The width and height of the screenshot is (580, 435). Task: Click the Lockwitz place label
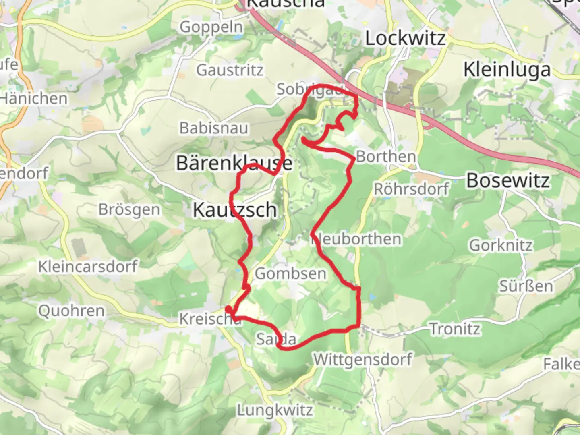coord(405,38)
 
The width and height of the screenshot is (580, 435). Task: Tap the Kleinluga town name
coord(507,70)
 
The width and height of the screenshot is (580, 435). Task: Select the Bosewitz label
coord(508,180)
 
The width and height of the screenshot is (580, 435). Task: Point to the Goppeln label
coord(211,27)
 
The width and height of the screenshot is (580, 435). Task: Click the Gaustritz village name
coord(230,70)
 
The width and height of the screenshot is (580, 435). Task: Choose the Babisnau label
coord(214,128)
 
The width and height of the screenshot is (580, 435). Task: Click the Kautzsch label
coord(235,210)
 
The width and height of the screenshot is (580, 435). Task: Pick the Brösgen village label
coord(129,209)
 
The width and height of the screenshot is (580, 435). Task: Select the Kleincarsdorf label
coord(88,266)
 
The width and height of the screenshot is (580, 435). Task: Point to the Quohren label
coord(71,311)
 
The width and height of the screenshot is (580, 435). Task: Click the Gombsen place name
coord(290,274)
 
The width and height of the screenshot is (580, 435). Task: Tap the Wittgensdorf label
coord(363,359)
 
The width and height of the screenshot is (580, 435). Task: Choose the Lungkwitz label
coord(275,410)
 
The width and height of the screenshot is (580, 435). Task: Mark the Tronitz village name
coord(455,329)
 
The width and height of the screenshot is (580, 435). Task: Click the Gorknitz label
coord(501,245)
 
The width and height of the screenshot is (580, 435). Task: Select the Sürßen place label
coord(526,286)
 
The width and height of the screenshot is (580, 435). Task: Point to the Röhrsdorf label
coord(411,188)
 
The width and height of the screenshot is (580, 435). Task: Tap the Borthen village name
coord(386,156)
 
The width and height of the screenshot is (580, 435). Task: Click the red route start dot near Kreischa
coord(228,309)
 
